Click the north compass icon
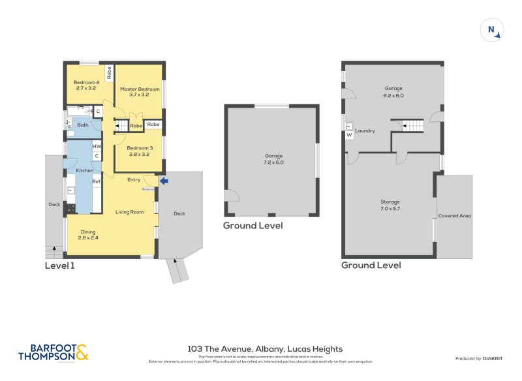tap(491, 30)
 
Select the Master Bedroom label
tap(140, 92)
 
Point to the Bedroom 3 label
tap(140, 151)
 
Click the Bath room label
tap(83, 125)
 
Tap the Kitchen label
tap(85, 170)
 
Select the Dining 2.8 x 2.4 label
tap(88, 236)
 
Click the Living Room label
tap(129, 212)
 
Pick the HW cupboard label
tap(97, 147)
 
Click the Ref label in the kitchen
tap(96, 181)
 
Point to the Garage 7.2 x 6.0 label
tap(273, 159)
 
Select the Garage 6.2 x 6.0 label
tap(393, 91)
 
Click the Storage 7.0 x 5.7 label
tap(390, 206)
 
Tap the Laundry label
tap(365, 130)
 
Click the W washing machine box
tap(349, 135)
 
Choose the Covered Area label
tap(454, 215)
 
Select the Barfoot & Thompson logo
tap(53, 353)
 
